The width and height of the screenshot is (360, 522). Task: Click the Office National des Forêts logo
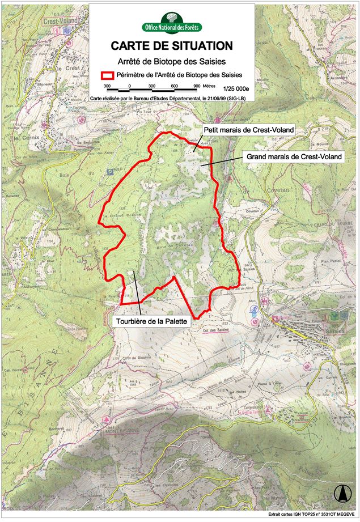pos(172,23)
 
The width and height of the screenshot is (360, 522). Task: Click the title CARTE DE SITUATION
pos(171,46)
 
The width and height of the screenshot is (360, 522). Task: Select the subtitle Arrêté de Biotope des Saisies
pos(171,61)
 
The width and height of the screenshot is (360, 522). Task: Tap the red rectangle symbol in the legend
pos(107,75)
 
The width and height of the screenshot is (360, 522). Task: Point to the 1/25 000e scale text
pos(236,89)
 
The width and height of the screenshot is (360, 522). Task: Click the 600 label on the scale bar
pos(174,86)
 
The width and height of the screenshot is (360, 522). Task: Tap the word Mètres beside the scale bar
pos(209,86)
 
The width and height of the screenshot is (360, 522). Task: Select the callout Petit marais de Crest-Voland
pos(248,130)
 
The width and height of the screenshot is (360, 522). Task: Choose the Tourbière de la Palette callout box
pos(151,321)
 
